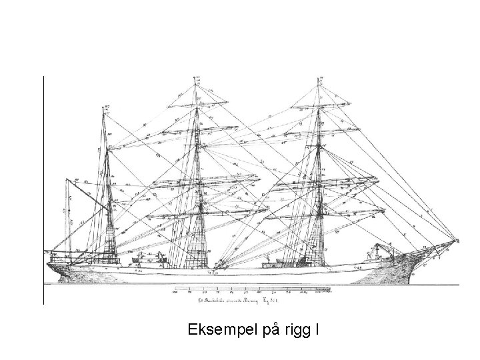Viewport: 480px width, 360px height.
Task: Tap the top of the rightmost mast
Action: click(318, 78)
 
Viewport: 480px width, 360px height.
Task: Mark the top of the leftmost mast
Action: click(106, 107)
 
